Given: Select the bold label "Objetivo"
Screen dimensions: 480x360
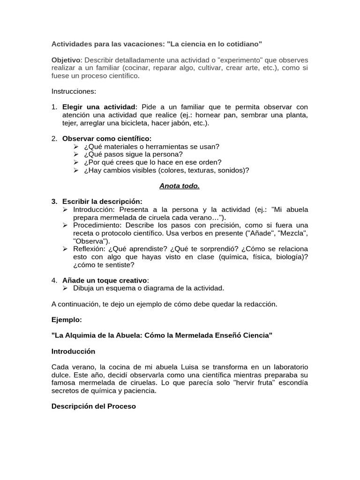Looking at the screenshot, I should [66, 60].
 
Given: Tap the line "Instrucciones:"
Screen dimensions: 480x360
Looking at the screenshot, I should [74, 91].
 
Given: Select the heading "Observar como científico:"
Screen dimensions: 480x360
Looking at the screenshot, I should [107, 138].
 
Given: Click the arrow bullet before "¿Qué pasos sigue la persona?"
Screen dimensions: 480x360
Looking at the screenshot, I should [77, 154].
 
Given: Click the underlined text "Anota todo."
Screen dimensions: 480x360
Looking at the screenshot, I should [180, 186].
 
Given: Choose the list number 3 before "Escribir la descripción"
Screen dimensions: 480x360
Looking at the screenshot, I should [54, 202].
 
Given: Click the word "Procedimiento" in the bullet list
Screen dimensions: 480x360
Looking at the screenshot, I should [98, 225].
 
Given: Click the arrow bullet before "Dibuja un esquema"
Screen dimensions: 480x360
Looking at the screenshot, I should [66, 288].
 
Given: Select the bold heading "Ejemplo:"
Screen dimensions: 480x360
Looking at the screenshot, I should [67, 320].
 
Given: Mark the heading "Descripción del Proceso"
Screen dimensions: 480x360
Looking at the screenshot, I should [93, 406].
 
